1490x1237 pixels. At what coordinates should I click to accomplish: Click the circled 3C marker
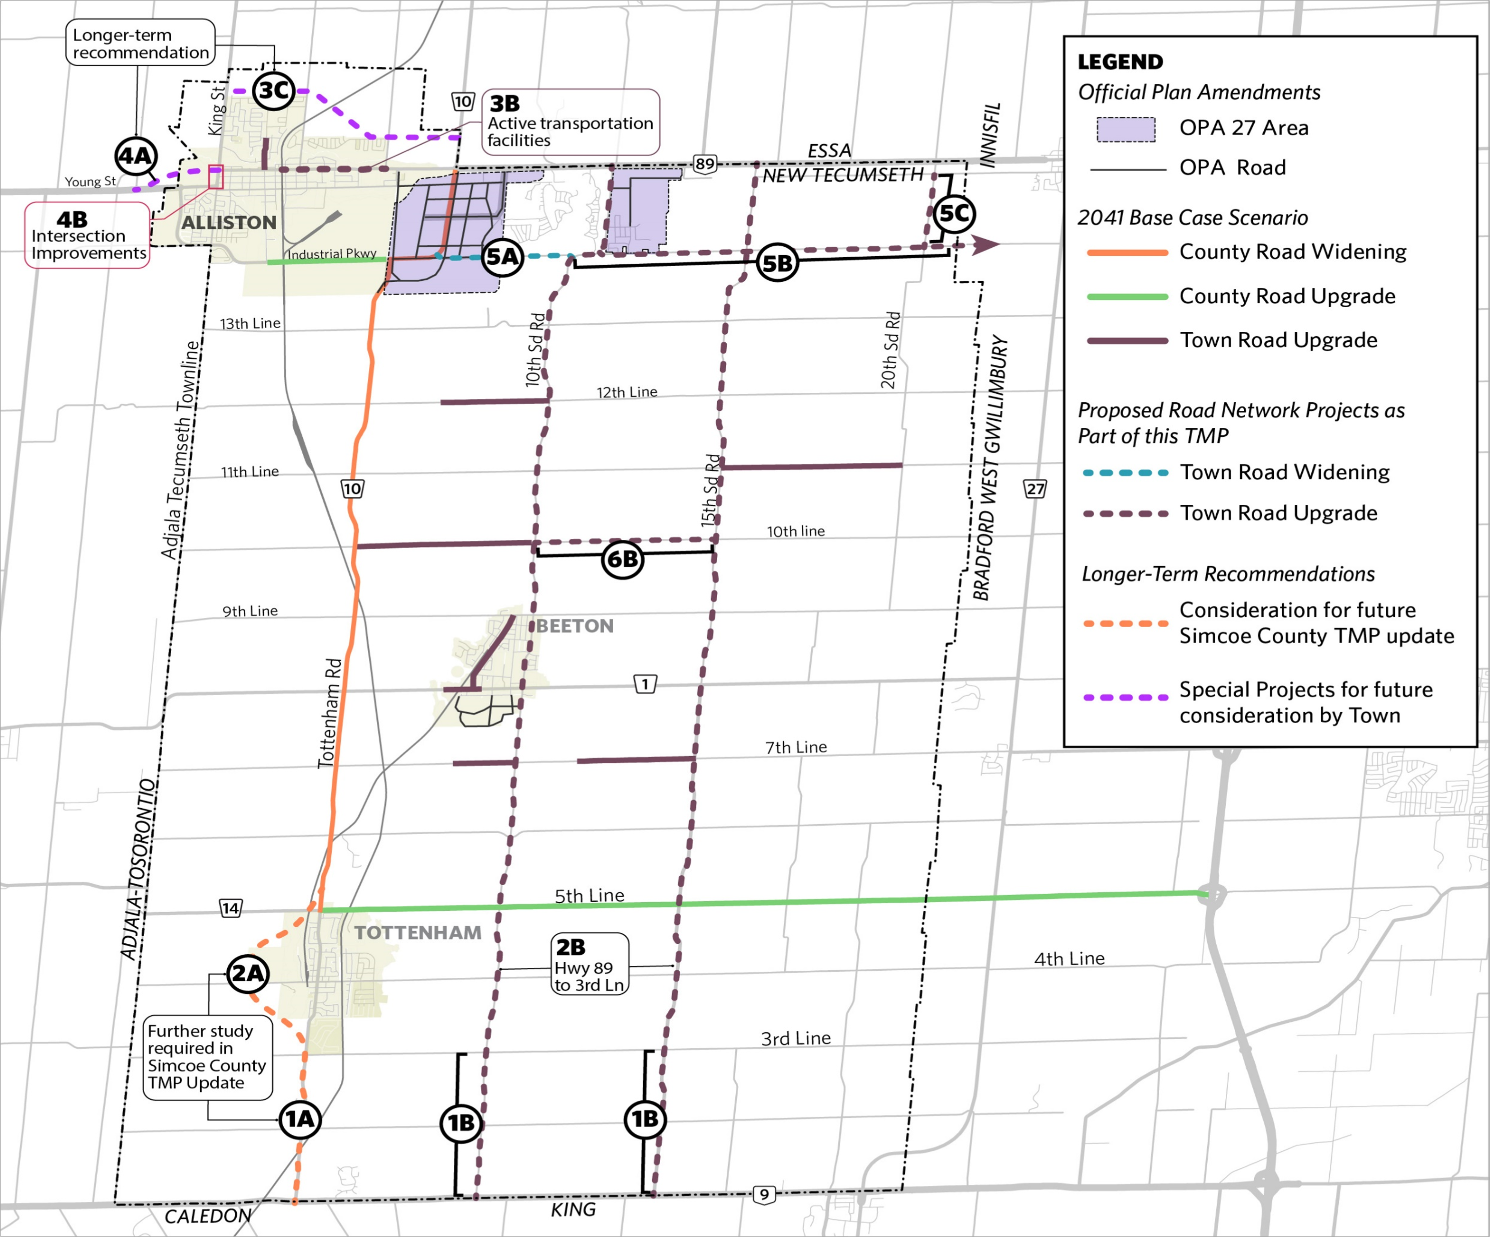(x=274, y=90)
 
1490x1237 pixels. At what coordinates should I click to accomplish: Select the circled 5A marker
(x=503, y=257)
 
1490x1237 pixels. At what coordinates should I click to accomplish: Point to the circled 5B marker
(x=777, y=263)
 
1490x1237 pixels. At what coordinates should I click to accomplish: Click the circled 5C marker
(x=954, y=214)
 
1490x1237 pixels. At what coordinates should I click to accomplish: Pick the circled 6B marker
(x=622, y=559)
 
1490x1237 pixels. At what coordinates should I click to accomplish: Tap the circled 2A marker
(x=248, y=973)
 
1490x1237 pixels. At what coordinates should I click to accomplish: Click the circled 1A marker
(x=299, y=1119)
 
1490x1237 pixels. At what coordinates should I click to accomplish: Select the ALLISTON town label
(x=228, y=223)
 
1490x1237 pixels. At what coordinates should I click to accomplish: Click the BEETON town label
(x=575, y=626)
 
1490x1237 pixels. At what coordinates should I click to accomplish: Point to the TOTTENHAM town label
(x=418, y=933)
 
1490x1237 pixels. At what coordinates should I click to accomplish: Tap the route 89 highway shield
(x=705, y=164)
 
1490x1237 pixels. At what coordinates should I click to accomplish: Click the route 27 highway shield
(x=1035, y=489)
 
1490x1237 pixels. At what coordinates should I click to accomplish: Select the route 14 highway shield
(x=231, y=908)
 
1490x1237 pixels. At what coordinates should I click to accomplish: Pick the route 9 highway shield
(x=764, y=1194)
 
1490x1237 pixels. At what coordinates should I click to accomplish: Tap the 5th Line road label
(x=590, y=896)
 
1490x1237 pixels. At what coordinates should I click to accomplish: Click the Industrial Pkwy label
(x=331, y=254)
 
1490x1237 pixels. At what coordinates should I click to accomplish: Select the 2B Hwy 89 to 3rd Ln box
(x=590, y=964)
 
